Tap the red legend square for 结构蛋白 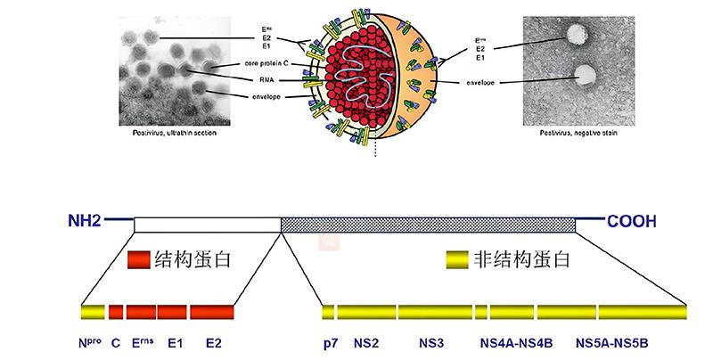[x=137, y=260]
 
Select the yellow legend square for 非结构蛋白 [x=458, y=260]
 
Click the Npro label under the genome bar [x=92, y=342]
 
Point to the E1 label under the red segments [x=174, y=342]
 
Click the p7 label [x=330, y=342]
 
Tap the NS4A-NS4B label [x=517, y=342]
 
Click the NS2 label [x=366, y=342]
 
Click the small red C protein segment [x=116, y=312]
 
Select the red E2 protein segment [x=211, y=312]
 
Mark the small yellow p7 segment [x=328, y=312]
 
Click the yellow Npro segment [x=92, y=312]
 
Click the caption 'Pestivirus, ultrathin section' [x=168, y=133]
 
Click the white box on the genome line [x=207, y=225]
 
